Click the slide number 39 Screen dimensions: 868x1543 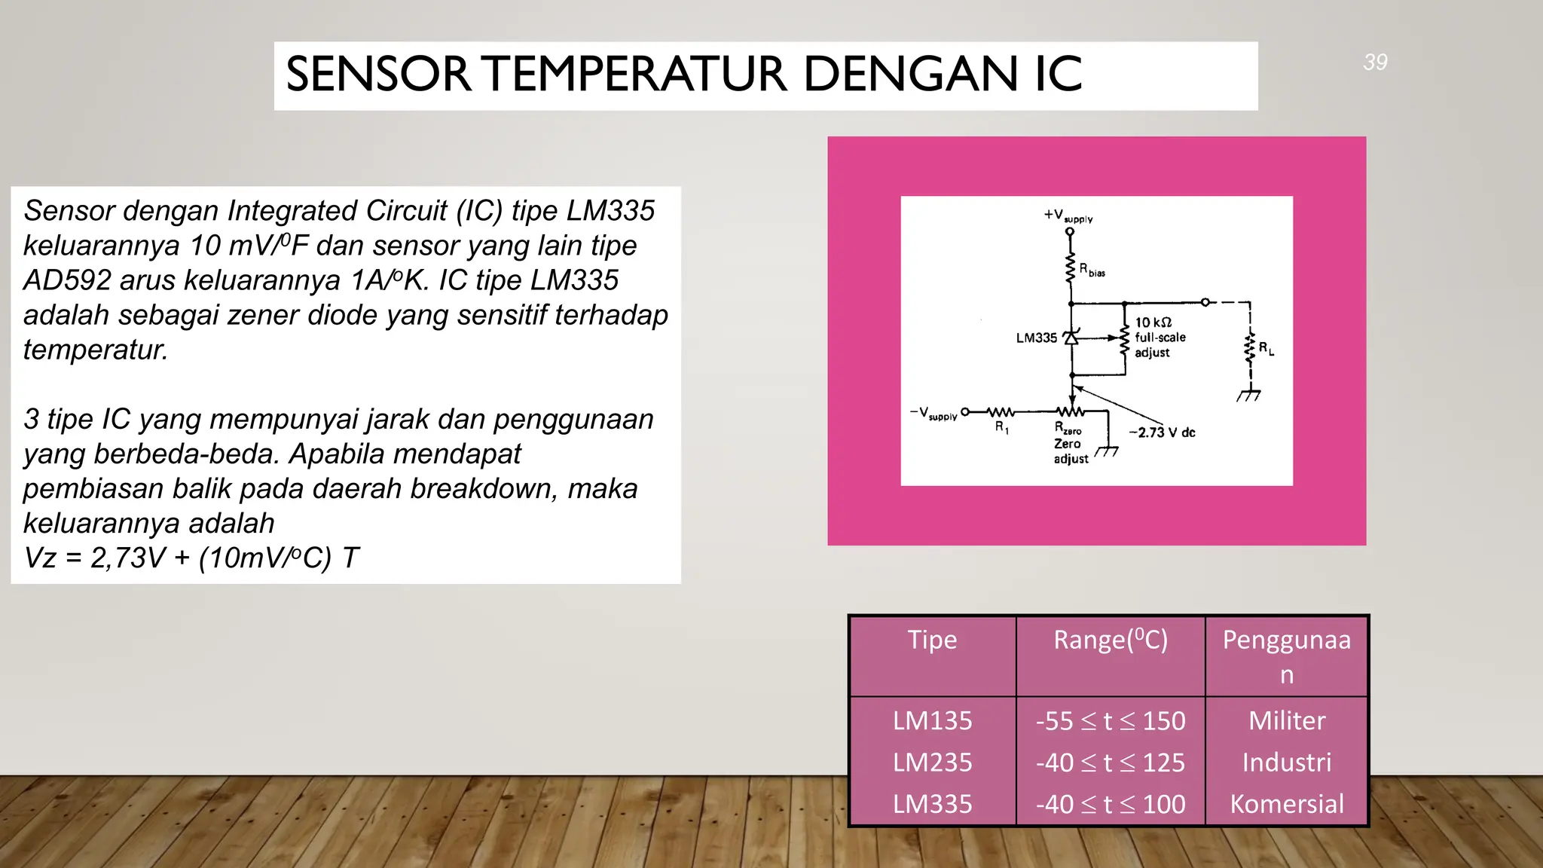pos(1375,62)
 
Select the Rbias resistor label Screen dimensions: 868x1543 pos(1092,270)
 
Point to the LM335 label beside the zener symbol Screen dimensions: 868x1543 pos(1036,338)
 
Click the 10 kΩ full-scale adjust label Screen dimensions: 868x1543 pos(1160,338)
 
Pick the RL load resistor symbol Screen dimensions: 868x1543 pos(1250,349)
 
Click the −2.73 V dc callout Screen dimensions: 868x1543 pos(1162,432)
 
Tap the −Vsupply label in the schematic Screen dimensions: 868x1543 pos(933,414)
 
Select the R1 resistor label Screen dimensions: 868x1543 pos(1001,427)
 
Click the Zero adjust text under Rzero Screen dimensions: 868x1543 pos(1070,451)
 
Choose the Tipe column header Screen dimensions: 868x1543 pos(932,640)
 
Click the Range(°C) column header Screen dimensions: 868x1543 pos(1110,640)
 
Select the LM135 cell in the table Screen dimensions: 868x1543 pos(932,721)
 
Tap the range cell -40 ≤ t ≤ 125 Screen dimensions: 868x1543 pos(1110,763)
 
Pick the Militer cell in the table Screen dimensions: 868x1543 pos(1286,721)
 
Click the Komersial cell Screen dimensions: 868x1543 pos(1286,804)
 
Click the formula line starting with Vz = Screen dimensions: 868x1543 pos(191,558)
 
